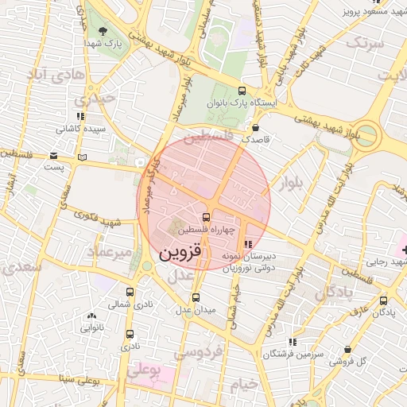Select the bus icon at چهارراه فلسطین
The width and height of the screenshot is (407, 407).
[x=207, y=216]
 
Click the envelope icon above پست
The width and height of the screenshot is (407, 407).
[x=53, y=155]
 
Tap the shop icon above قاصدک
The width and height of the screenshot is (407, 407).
[x=255, y=126]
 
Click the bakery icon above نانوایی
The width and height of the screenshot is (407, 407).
[x=91, y=315]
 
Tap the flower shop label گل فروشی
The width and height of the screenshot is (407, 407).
[x=349, y=362]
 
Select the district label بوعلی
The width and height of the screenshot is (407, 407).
[x=143, y=370]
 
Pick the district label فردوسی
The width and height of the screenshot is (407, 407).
[x=203, y=350]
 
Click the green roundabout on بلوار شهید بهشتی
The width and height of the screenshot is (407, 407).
[x=367, y=132]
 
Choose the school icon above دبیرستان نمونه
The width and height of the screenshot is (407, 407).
[x=248, y=243]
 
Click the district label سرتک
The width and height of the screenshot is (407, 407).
[x=365, y=42]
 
